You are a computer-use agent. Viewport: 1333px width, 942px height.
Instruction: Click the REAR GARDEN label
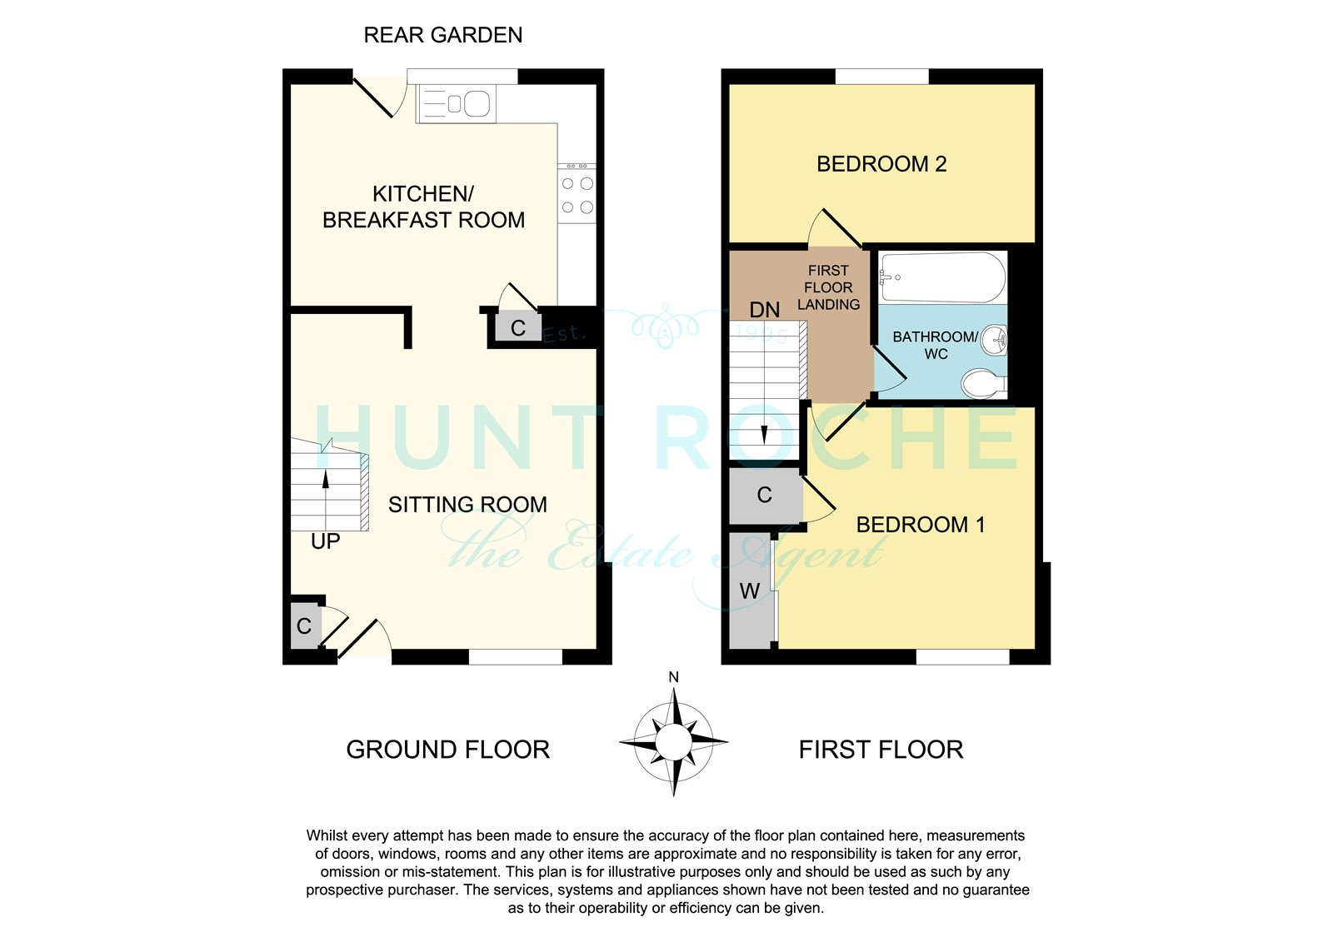(442, 35)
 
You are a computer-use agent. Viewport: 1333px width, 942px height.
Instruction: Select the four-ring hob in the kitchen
(577, 195)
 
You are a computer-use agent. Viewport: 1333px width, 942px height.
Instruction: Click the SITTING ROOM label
(467, 505)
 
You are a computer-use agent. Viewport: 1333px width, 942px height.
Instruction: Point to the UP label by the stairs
(326, 541)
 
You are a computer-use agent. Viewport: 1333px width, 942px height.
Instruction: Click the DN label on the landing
(764, 310)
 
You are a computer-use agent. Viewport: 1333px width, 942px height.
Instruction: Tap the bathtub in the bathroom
(943, 278)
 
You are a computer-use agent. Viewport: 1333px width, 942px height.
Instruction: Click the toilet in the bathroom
(984, 383)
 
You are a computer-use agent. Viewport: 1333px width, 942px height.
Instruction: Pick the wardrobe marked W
(751, 591)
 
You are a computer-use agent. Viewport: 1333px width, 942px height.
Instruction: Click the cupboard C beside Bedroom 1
(765, 495)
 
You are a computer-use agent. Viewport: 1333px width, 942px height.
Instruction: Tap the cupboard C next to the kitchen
(517, 327)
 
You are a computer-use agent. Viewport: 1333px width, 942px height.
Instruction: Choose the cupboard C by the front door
(305, 626)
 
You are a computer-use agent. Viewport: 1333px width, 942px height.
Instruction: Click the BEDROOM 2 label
(881, 163)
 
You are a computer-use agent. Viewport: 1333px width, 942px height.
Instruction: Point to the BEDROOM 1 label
(920, 524)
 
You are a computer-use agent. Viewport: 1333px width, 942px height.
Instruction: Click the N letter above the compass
(674, 676)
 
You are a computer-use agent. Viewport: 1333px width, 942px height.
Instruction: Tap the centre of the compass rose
(674, 742)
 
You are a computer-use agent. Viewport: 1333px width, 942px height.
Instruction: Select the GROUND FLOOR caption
(447, 750)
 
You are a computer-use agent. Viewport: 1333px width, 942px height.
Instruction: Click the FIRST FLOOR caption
(881, 750)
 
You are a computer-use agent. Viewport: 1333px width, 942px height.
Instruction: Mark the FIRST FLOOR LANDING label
(828, 287)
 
